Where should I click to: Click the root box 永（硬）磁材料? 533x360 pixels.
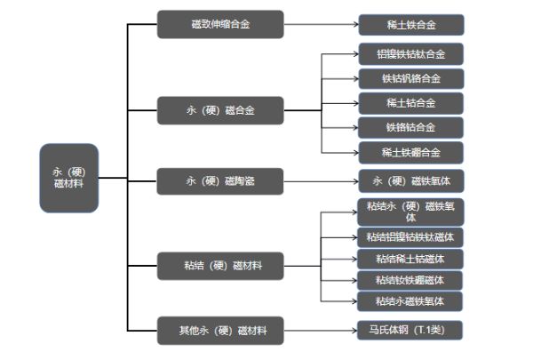[x=68, y=177]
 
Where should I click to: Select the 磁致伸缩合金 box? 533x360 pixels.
[x=220, y=25]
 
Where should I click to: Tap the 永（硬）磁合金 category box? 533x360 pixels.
[x=220, y=110]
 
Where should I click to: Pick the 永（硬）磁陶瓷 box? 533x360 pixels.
[x=220, y=180]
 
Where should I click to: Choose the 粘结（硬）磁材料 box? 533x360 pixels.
[x=220, y=265]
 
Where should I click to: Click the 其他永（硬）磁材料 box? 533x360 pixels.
[x=220, y=331]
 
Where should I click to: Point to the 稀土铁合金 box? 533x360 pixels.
[x=411, y=25]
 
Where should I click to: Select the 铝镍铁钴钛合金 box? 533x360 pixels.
[x=411, y=54]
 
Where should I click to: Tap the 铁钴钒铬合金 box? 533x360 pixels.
[x=411, y=78]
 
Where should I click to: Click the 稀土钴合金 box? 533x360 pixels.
[x=411, y=102]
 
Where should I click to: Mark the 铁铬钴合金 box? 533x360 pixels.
[x=411, y=127]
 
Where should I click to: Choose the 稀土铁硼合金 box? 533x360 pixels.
[x=411, y=151]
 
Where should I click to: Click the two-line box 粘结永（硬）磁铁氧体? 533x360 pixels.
[x=411, y=212]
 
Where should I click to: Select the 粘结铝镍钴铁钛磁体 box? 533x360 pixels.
[x=411, y=236]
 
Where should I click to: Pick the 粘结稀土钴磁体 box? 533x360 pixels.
[x=411, y=259]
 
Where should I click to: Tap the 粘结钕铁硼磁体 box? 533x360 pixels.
[x=411, y=280]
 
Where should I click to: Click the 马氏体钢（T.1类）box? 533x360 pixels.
[x=411, y=331]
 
